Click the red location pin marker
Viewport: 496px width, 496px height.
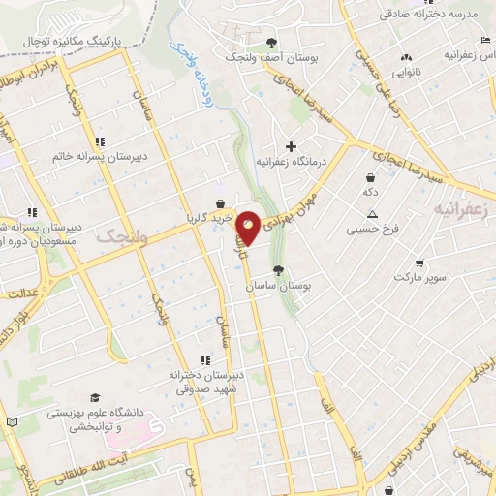(x=249, y=228)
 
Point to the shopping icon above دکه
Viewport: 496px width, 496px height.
(x=370, y=178)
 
